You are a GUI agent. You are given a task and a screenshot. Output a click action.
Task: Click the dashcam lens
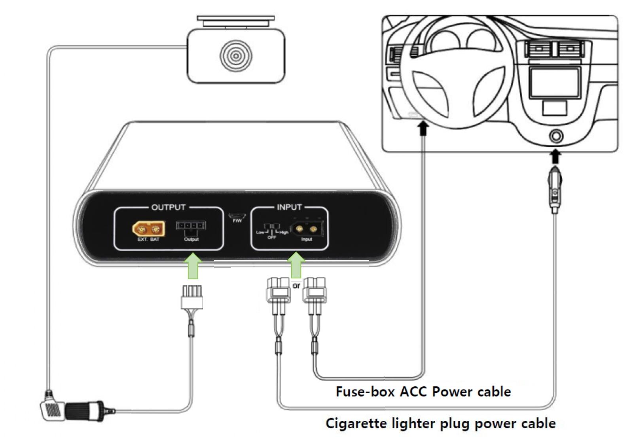coord(236,56)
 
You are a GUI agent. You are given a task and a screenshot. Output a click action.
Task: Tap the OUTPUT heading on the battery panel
coord(168,207)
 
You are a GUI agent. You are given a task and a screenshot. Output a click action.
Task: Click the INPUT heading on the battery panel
coord(289,207)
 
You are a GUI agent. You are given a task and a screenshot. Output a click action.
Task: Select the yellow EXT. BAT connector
coord(148,229)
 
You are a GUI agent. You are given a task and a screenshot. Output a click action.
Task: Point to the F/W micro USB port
coord(237,216)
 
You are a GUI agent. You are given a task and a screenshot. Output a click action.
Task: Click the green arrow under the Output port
coord(193,266)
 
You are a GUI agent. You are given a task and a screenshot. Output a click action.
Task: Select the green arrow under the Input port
coord(296,265)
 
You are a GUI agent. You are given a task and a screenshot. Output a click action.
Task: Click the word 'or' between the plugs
coord(296,286)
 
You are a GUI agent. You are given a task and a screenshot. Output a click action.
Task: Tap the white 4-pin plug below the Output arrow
coord(192,297)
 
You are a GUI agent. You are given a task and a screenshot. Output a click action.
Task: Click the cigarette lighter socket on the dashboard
coord(556,136)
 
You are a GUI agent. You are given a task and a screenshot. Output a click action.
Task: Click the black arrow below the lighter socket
coord(555,156)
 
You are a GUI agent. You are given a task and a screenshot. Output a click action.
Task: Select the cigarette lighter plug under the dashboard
coord(555,190)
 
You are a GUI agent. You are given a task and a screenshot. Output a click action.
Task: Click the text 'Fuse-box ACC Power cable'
coord(423,392)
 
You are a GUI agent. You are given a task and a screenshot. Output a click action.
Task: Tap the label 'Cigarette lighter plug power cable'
coord(440,424)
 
